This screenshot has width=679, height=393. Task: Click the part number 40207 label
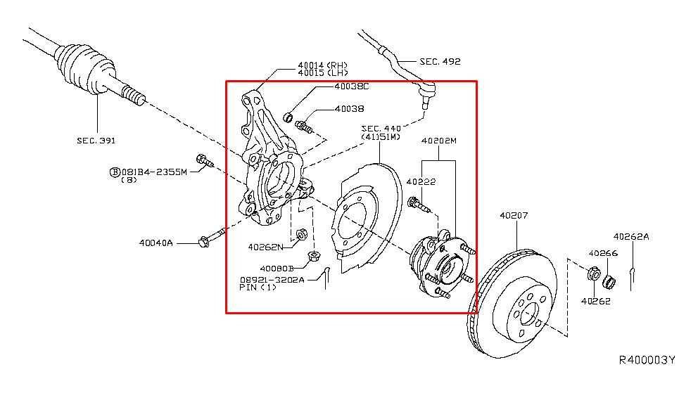pos(514,215)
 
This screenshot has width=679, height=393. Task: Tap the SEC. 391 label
pos(96,140)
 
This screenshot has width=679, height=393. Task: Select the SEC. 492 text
pos(440,61)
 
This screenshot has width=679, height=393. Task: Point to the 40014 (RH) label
pos(322,65)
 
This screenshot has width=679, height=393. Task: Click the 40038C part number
pos(352,86)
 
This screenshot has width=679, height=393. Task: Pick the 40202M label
pos(438,141)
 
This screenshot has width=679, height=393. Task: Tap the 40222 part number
pos(421,182)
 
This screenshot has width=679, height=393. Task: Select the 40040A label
pos(156,243)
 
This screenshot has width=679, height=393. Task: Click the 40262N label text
pos(265,247)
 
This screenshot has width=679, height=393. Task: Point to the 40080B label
pos(277,269)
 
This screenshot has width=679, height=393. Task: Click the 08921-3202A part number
pos(272,280)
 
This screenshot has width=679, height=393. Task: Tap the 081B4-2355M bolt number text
pos(154,172)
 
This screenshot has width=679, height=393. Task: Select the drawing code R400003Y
pos(647,360)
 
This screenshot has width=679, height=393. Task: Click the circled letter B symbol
pos(115,172)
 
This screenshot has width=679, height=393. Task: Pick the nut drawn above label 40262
pos(593,273)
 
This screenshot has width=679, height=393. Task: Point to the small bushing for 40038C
pos(288,117)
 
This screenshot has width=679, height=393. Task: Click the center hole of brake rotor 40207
pos(530,314)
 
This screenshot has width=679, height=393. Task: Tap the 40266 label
pos(603,253)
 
